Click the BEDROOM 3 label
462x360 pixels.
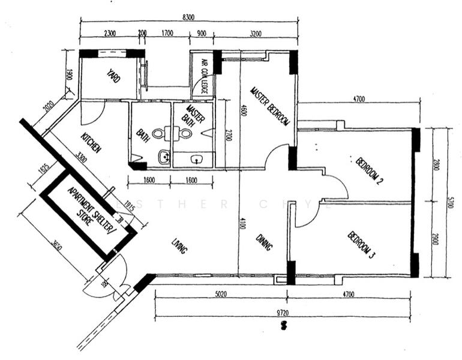(x=361, y=245)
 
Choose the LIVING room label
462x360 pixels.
(x=179, y=244)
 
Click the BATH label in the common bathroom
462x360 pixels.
(x=143, y=137)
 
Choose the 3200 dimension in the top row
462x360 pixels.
(x=256, y=34)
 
